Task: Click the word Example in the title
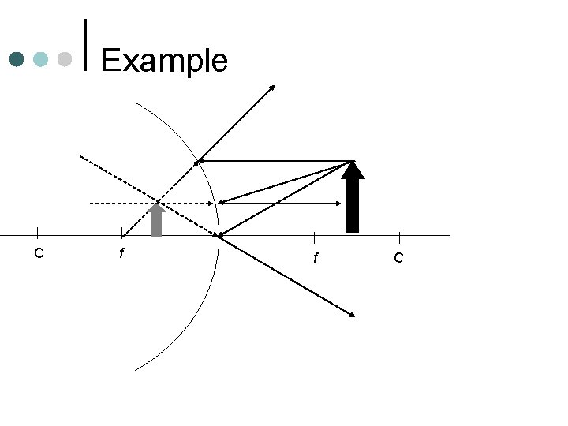[164, 61]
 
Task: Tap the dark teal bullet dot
[17, 59]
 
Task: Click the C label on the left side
[38, 253]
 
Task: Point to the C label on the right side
[398, 257]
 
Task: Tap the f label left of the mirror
[121, 254]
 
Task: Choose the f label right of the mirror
[315, 257]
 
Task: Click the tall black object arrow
[353, 201]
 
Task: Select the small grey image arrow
[156, 221]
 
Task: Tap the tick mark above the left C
[38, 232]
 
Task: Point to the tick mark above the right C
[399, 237]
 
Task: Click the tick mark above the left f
[121, 233]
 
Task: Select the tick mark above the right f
[315, 237]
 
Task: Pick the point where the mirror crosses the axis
[219, 235]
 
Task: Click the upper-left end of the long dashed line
[80, 155]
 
